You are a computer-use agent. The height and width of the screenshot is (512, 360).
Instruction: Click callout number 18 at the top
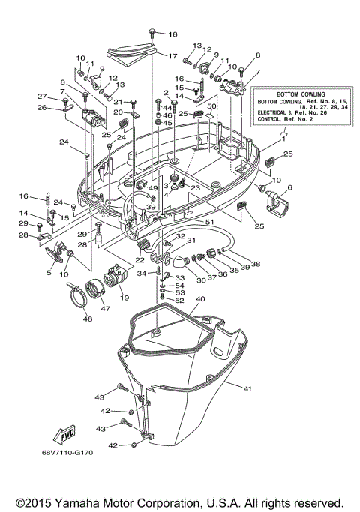pos(173,34)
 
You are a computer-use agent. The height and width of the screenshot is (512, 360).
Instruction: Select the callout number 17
pos(172,56)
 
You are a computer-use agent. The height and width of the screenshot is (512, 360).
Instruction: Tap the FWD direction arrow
pos(58,434)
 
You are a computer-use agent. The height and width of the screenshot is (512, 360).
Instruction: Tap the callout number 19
pos(124,298)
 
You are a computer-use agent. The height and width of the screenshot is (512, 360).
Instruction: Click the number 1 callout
pos(284,139)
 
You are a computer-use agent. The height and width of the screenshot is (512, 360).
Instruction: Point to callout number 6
pos(289,187)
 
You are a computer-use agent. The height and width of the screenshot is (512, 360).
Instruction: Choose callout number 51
pos(209,222)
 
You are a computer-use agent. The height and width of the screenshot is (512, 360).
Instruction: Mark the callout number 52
pos(179,301)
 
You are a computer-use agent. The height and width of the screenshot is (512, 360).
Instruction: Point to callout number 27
pos(43,96)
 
